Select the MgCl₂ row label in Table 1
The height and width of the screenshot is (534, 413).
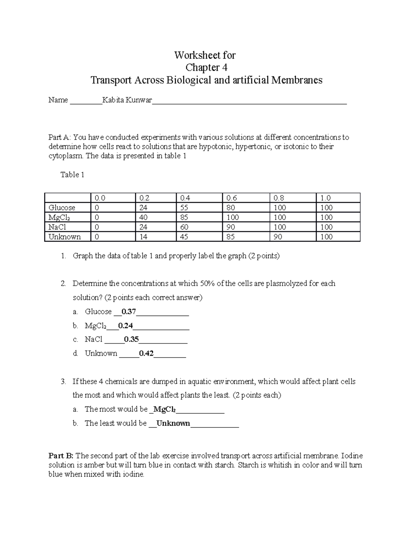[x=59, y=217]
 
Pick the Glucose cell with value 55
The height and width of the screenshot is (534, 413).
[x=185, y=208]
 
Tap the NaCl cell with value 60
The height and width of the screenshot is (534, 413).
[x=185, y=227]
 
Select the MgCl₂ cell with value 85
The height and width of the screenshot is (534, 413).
[x=185, y=217]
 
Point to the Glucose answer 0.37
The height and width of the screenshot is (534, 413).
[x=129, y=312]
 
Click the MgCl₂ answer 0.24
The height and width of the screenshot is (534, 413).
[x=126, y=325]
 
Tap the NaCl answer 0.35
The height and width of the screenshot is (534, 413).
[x=131, y=339]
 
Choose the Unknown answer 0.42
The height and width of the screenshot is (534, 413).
[x=146, y=353]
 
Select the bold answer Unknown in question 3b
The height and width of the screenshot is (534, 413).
[x=173, y=423]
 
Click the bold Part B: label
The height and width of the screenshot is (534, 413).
[x=61, y=456]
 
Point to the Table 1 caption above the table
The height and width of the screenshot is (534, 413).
[x=72, y=175]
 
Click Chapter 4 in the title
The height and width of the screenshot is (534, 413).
[x=206, y=67]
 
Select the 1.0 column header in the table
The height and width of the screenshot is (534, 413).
[x=325, y=198]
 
